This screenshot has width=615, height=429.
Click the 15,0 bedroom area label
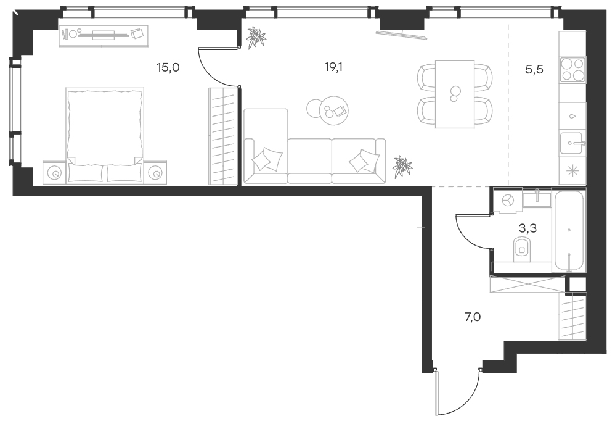168,67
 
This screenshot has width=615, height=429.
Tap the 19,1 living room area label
333,67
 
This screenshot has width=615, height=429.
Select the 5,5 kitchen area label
534,70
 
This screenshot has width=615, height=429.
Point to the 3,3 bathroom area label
527,228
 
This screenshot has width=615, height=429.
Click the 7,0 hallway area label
473,317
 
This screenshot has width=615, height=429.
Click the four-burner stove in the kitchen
572,70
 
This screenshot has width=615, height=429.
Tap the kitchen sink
572,144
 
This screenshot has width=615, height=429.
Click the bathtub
569,231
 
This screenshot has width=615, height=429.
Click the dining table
455,94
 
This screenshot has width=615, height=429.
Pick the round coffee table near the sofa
334,110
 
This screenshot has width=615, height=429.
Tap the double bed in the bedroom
105,135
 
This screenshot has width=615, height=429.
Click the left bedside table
54,172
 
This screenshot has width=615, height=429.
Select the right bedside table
155,172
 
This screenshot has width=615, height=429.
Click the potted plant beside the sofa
402,166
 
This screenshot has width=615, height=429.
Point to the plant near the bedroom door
256,38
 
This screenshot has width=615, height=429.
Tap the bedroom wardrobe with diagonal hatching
223,136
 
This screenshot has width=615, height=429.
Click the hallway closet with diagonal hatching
572,316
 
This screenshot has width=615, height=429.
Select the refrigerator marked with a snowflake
572,170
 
